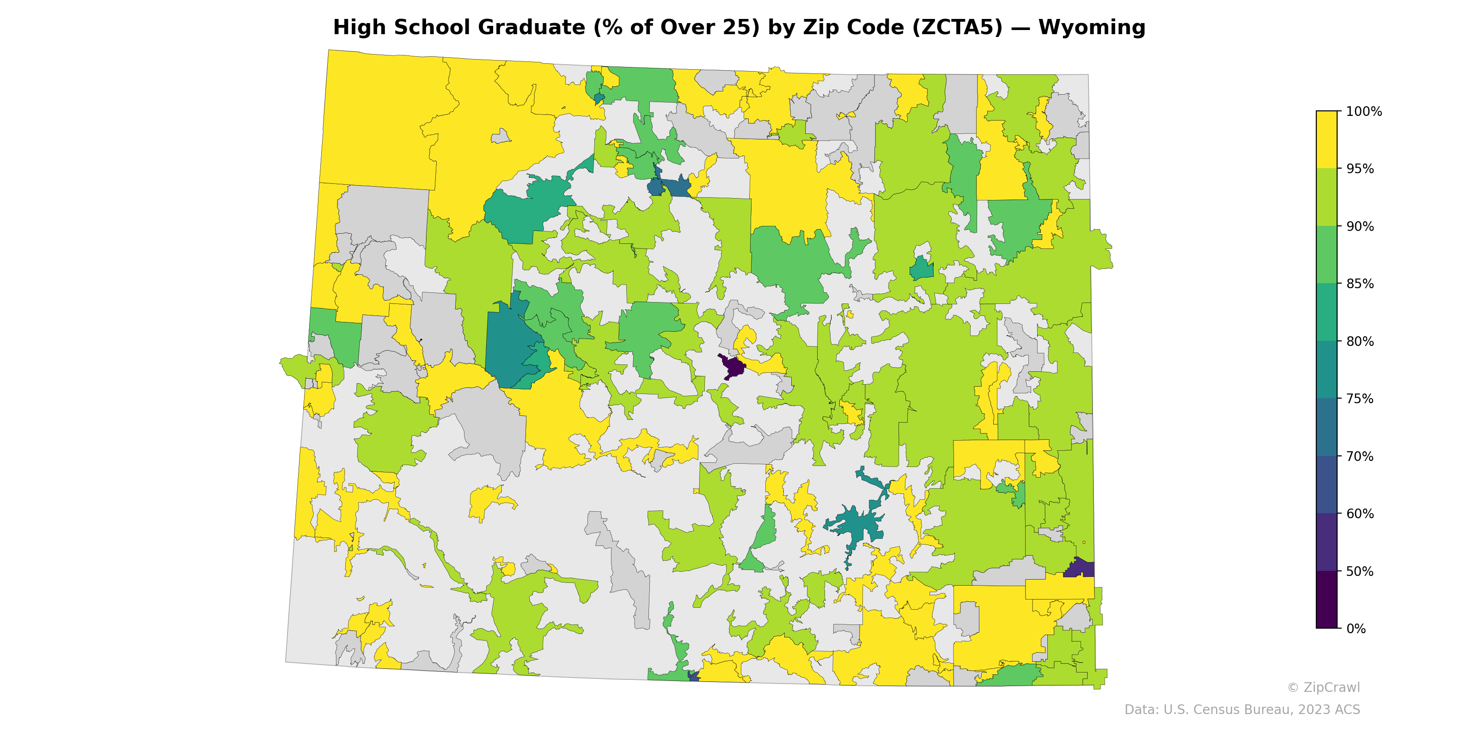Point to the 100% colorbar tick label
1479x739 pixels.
pos(1363,111)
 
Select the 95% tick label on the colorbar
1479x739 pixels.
pos(1360,169)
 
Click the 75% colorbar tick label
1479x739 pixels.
pos(1360,399)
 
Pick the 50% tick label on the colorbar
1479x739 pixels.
pos(1360,571)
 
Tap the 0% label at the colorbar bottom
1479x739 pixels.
pos(1356,629)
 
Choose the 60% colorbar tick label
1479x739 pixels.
pos(1360,514)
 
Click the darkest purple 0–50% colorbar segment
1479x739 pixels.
pos(1326,600)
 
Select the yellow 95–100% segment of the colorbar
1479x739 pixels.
pos(1326,139)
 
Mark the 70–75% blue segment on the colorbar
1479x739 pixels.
pos(1326,427)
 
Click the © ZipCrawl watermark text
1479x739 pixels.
pos(1323,687)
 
